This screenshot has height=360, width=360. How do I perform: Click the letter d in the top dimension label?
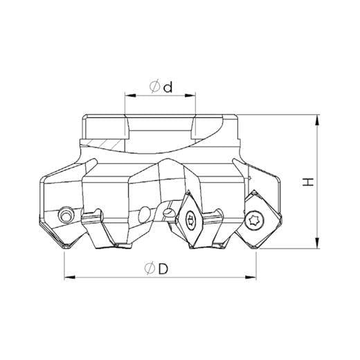tap(168, 87)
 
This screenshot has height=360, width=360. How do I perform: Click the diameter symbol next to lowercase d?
tap(155, 87)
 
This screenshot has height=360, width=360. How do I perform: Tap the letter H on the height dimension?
tap(307, 182)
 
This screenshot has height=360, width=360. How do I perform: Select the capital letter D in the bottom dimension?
tap(163, 269)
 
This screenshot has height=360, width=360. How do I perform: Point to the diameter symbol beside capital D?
tap(150, 269)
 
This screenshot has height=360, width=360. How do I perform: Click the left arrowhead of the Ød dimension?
tap(130, 96)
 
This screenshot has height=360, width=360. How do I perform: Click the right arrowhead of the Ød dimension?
tap(190, 96)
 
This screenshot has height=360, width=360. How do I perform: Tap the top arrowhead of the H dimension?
tap(318, 120)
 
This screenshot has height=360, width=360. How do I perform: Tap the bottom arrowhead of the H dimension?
tap(318, 243)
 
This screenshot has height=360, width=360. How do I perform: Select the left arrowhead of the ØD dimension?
tap(69, 278)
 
